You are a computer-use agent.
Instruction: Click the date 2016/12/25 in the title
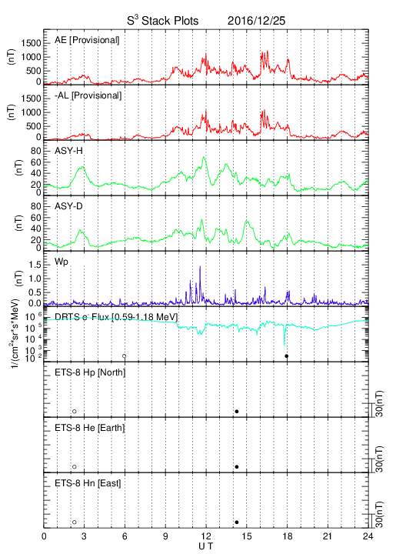pyautogui.click(x=256, y=21)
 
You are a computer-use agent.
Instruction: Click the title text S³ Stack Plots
pyautogui.click(x=163, y=21)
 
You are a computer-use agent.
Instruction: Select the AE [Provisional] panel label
pyautogui.click(x=87, y=40)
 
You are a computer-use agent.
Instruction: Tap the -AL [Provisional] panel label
pyautogui.click(x=88, y=95)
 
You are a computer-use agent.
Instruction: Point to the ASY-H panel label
pyautogui.click(x=68, y=151)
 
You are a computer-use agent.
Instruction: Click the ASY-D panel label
pyautogui.click(x=68, y=206)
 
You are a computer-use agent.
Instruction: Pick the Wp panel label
pyautogui.click(x=61, y=262)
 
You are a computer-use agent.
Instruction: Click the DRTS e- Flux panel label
pyautogui.click(x=116, y=316)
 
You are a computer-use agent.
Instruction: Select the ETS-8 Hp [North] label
pyautogui.click(x=90, y=372)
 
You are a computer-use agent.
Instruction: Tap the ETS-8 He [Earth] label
pyautogui.click(x=90, y=428)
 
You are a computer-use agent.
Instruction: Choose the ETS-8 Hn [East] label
pyautogui.click(x=88, y=483)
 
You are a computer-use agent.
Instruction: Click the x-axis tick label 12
pyautogui.click(x=206, y=536)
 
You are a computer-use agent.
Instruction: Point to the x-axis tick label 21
pyautogui.click(x=328, y=536)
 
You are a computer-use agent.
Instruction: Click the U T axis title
pyautogui.click(x=206, y=546)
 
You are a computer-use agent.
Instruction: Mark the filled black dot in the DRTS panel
pyautogui.click(x=287, y=356)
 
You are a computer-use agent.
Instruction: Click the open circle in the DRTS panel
pyautogui.click(x=125, y=356)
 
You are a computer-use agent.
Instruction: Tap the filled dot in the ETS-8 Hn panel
pyautogui.click(x=237, y=522)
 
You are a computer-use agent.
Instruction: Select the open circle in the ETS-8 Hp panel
pyautogui.click(x=75, y=412)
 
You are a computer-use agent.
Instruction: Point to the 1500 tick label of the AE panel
pyautogui.click(x=32, y=43)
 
